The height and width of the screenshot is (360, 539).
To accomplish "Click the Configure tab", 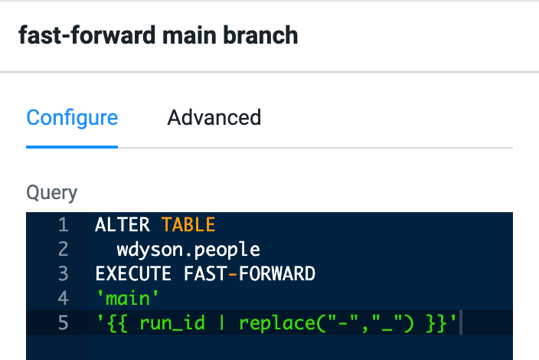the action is [72, 119].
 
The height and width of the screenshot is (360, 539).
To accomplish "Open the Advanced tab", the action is [214, 118].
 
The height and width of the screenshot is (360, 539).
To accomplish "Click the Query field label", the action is [52, 192].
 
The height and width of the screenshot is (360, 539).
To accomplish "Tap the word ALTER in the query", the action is [122, 225].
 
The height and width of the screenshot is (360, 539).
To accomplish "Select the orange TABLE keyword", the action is [188, 225].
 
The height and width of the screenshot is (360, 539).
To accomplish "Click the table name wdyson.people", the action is [188, 250].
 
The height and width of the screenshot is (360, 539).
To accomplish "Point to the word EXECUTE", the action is [133, 274].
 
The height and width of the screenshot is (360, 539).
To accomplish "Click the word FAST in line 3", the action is [205, 274].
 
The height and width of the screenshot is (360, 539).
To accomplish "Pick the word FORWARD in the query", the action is [276, 274].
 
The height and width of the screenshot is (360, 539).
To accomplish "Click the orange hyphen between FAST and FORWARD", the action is [233, 274].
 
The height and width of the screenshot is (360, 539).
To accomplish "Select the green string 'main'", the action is [128, 298].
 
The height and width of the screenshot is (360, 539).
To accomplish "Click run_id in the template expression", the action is [171, 323].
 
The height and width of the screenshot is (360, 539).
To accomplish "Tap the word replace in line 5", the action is [276, 324].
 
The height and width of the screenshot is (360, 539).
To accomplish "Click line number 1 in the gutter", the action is [64, 225].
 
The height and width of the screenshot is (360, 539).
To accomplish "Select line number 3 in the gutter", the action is [64, 274].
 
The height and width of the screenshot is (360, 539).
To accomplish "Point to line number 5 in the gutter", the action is [64, 323].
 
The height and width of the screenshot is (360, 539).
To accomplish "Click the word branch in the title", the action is [260, 35].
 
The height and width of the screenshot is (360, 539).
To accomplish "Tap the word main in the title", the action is [189, 36].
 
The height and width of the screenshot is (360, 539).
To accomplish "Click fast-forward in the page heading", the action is [87, 35].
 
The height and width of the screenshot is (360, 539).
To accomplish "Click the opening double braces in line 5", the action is [117, 324].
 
